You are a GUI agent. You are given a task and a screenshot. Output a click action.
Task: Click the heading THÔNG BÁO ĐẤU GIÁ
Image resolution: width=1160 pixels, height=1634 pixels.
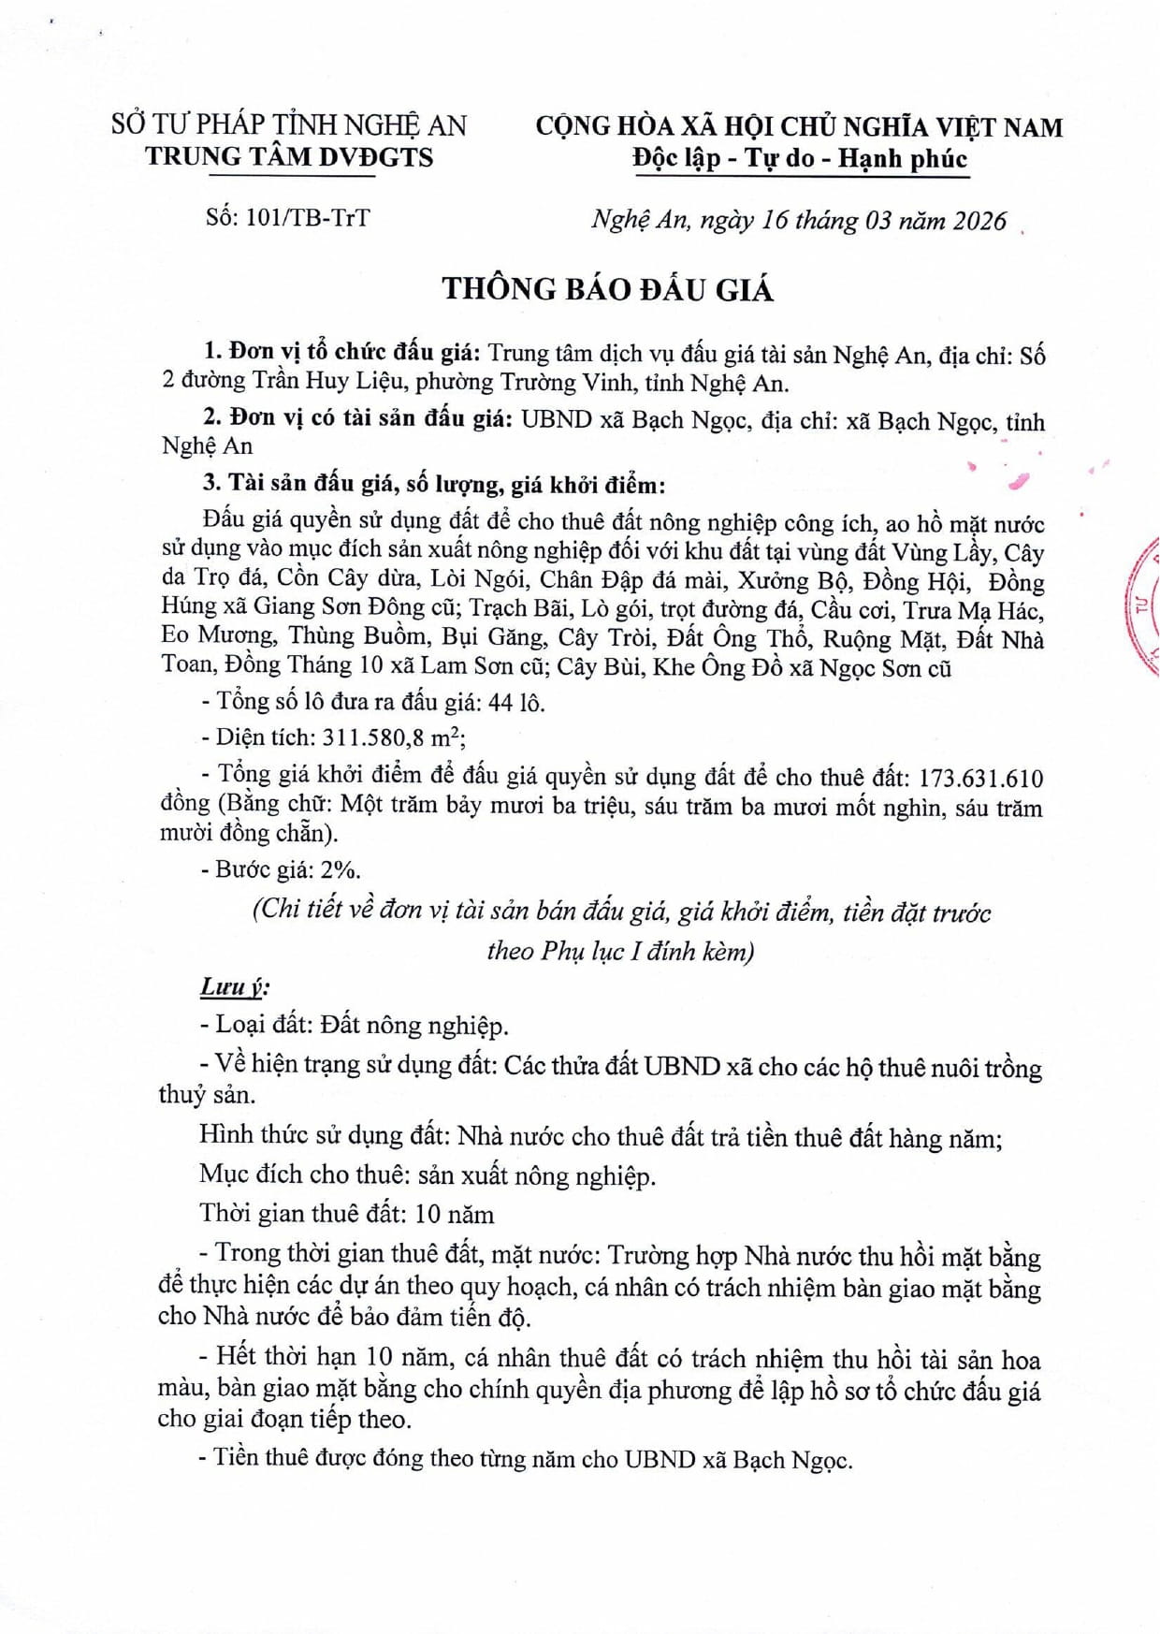pyautogui.click(x=608, y=289)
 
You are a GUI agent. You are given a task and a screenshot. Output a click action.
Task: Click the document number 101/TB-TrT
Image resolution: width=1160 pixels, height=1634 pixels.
pyautogui.click(x=308, y=218)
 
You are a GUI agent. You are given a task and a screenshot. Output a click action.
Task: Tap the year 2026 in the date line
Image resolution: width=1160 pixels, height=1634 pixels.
pyautogui.click(x=979, y=221)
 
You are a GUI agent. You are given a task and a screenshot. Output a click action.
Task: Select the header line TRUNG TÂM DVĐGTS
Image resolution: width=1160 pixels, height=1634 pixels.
pyautogui.click(x=289, y=157)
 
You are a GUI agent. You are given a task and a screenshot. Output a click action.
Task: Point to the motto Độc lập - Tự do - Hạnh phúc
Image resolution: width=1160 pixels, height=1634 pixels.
pyautogui.click(x=799, y=158)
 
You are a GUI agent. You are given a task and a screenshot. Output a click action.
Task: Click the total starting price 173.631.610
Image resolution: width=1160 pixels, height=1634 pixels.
pyautogui.click(x=981, y=779)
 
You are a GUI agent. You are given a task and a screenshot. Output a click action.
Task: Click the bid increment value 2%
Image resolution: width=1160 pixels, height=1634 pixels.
pyautogui.click(x=340, y=869)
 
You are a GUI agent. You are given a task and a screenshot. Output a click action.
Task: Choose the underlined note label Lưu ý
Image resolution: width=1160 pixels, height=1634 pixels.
pyautogui.click(x=234, y=986)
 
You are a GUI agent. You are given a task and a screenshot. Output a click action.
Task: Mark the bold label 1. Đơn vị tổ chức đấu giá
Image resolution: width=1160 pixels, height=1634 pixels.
pyautogui.click(x=342, y=353)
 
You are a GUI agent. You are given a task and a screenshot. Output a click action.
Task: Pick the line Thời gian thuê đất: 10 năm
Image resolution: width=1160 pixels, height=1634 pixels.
pyautogui.click(x=346, y=1215)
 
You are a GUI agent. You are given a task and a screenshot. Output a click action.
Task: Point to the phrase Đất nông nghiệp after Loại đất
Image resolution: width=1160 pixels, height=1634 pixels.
pyautogui.click(x=413, y=1026)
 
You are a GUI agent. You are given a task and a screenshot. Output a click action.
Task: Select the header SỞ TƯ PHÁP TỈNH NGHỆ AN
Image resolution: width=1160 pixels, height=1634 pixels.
pyautogui.click(x=289, y=125)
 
